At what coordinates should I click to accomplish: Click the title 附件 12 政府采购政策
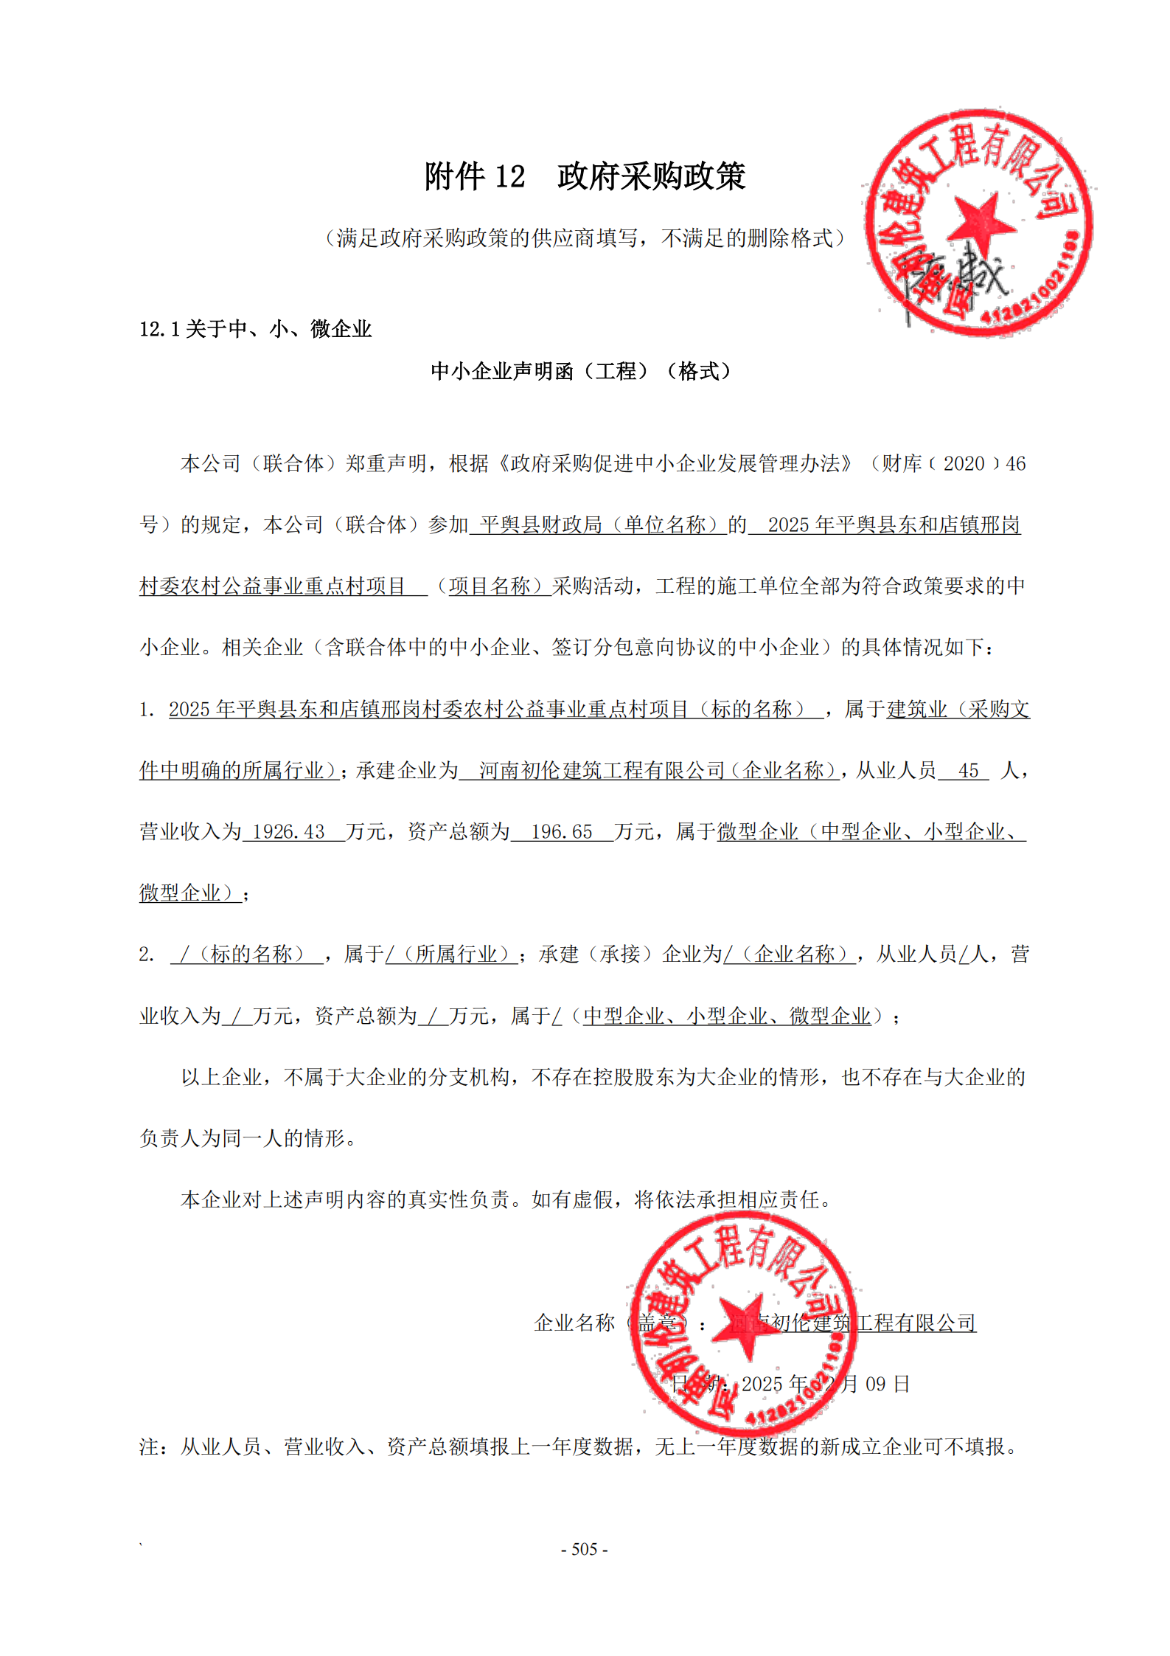(585, 176)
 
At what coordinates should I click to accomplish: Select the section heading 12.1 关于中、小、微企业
(255, 329)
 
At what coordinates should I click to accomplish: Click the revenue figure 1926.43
(288, 832)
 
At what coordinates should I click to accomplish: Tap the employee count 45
(968, 771)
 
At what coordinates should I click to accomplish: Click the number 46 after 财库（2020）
(1015, 464)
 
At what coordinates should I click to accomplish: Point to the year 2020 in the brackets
(964, 464)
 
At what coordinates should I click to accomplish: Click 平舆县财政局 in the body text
(540, 525)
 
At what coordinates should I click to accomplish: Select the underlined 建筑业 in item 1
(916, 710)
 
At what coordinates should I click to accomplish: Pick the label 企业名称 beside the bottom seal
(574, 1323)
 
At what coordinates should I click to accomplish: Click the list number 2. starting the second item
(146, 955)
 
